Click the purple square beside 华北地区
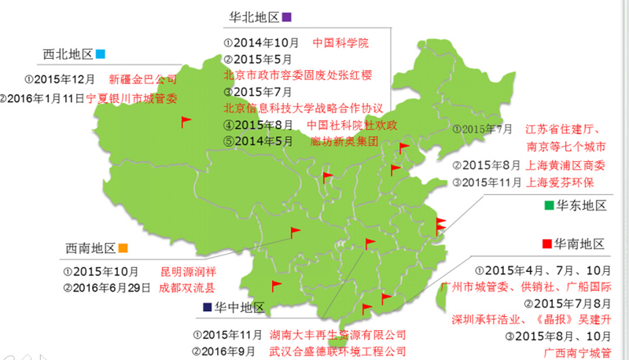pyautogui.click(x=287, y=17)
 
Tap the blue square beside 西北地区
pyautogui.click(x=101, y=54)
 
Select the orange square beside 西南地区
pyautogui.click(x=123, y=248)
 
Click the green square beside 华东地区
pyautogui.click(x=549, y=206)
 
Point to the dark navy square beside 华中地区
pyautogui.click(x=207, y=307)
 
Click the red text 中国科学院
pyautogui.click(x=340, y=42)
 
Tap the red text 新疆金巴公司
pyautogui.click(x=142, y=79)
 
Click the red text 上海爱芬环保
pyautogui.click(x=559, y=182)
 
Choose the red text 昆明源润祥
pyautogui.click(x=188, y=271)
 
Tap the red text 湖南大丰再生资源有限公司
pyautogui.click(x=337, y=335)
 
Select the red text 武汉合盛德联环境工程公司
pyautogui.click(x=337, y=351)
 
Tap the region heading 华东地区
pyautogui.click(x=581, y=206)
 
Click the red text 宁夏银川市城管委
pyautogui.click(x=131, y=99)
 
